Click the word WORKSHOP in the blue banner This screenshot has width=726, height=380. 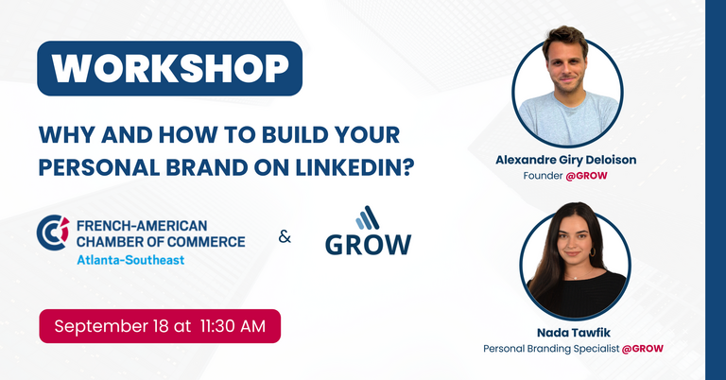[170, 69]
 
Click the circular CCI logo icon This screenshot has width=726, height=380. [53, 233]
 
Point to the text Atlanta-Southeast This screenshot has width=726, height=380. [130, 260]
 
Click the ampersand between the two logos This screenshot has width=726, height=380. [285, 237]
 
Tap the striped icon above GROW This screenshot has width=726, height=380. [368, 217]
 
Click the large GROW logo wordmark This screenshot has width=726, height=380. [368, 245]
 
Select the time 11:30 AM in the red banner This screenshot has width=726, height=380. [233, 326]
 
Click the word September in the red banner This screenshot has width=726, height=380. [100, 327]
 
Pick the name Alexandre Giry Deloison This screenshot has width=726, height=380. [566, 160]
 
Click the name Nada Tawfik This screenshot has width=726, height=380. [574, 333]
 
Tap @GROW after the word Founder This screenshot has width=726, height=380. [586, 176]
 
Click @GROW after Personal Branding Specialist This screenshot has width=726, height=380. [643, 349]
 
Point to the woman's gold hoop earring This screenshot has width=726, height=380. [592, 251]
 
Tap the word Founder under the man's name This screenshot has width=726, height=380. [543, 176]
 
